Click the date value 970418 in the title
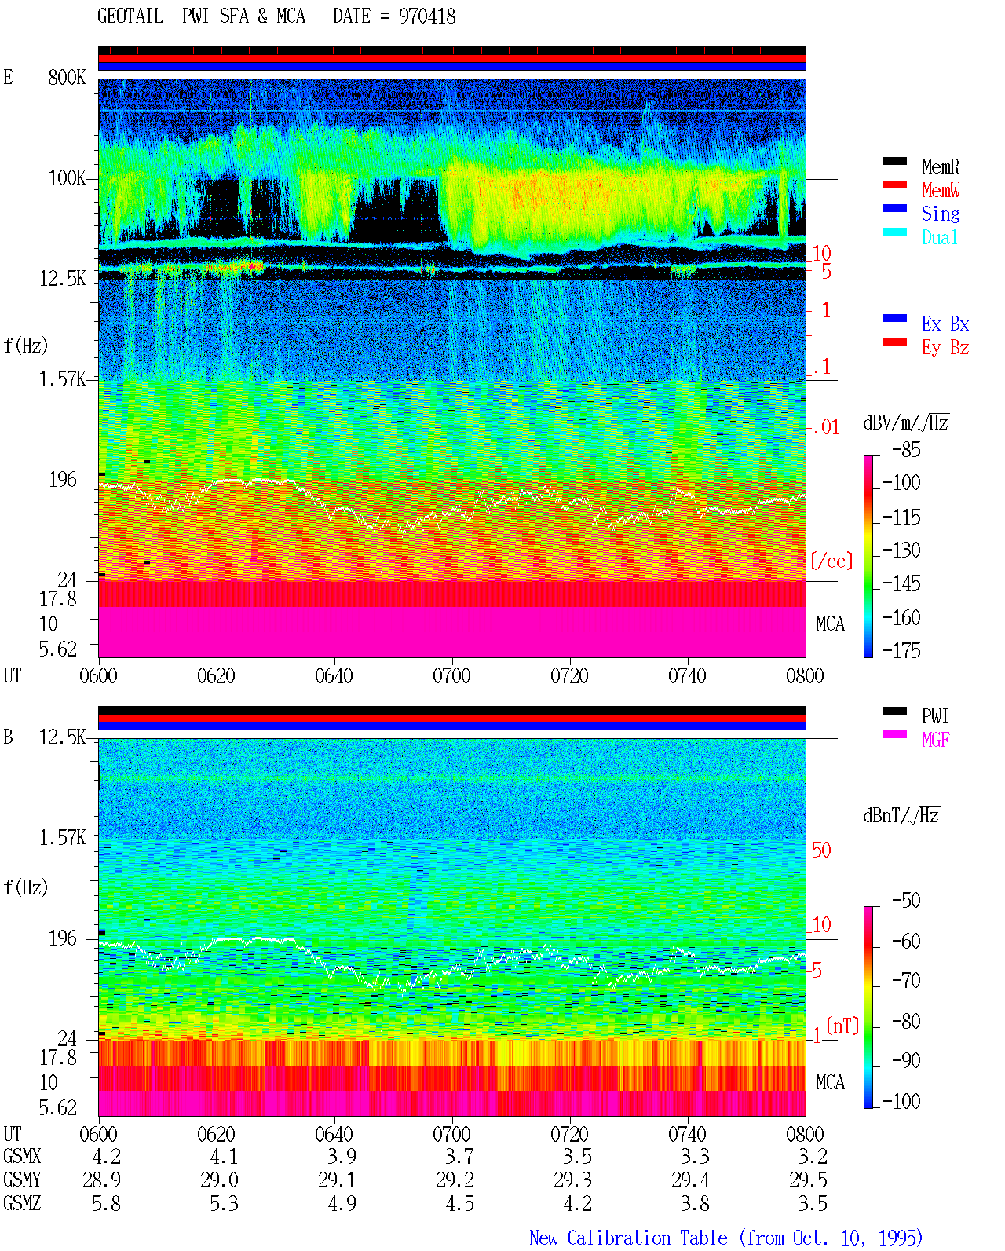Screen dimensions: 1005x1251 coord(427,16)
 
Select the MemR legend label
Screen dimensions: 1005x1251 coord(941,166)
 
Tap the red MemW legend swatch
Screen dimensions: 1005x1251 coord(894,185)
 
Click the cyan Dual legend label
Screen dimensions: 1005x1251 coord(939,237)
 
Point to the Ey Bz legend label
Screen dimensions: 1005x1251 coord(945,348)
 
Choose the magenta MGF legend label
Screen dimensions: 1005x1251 coord(935,740)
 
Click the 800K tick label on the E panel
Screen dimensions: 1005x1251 coord(67,77)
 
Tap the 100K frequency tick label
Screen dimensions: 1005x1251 coord(67,178)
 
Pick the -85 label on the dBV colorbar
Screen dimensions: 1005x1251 coord(906,450)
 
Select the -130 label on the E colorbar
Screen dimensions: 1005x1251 coord(901,550)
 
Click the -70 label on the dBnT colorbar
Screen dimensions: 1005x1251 coord(906,981)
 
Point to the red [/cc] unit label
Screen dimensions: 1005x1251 coord(831,561)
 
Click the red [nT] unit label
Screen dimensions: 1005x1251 coord(842,1026)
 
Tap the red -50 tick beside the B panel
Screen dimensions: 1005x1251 coord(819,850)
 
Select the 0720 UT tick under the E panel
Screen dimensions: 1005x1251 coord(569,676)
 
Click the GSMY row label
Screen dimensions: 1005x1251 coord(22,1180)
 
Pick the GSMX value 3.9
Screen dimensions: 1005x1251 coord(342,1156)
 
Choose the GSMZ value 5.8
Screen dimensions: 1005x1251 coord(106,1203)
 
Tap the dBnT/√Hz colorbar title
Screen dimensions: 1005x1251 coord(901,816)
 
